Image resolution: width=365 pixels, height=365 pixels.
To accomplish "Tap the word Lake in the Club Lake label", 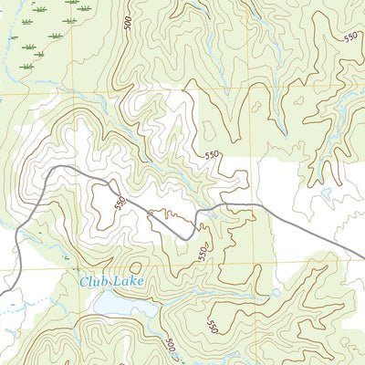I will (129, 282).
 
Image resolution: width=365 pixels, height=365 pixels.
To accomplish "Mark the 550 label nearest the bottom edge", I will (212, 326).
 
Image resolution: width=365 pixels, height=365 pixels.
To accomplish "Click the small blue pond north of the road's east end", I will (326, 193).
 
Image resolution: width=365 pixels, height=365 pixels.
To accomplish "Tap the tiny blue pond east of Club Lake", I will (276, 293).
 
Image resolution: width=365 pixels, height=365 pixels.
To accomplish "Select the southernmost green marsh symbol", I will (27, 67).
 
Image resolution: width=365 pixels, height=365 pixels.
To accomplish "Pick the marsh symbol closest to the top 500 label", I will (85, 8).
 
